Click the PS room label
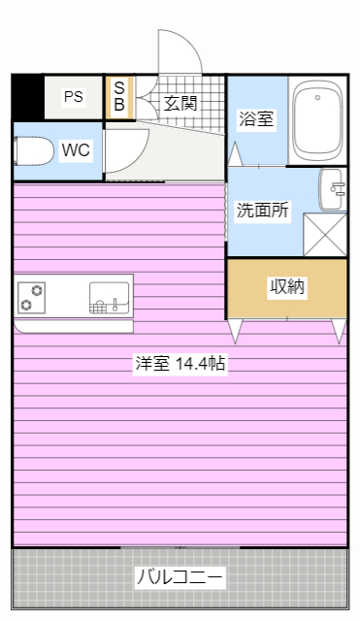click(74, 97)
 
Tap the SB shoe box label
click(119, 96)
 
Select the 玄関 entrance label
click(180, 104)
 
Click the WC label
click(76, 150)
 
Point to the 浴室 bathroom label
click(256, 118)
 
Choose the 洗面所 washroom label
click(262, 210)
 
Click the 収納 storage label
click(287, 286)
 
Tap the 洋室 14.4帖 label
click(180, 363)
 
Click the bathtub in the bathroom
click(317, 120)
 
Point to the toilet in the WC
click(33, 151)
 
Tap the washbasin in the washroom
click(332, 189)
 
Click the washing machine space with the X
click(324, 235)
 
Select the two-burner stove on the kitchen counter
click(31, 298)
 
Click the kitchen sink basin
click(110, 298)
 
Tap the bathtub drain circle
click(317, 97)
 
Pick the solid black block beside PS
click(28, 97)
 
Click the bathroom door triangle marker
click(235, 154)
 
